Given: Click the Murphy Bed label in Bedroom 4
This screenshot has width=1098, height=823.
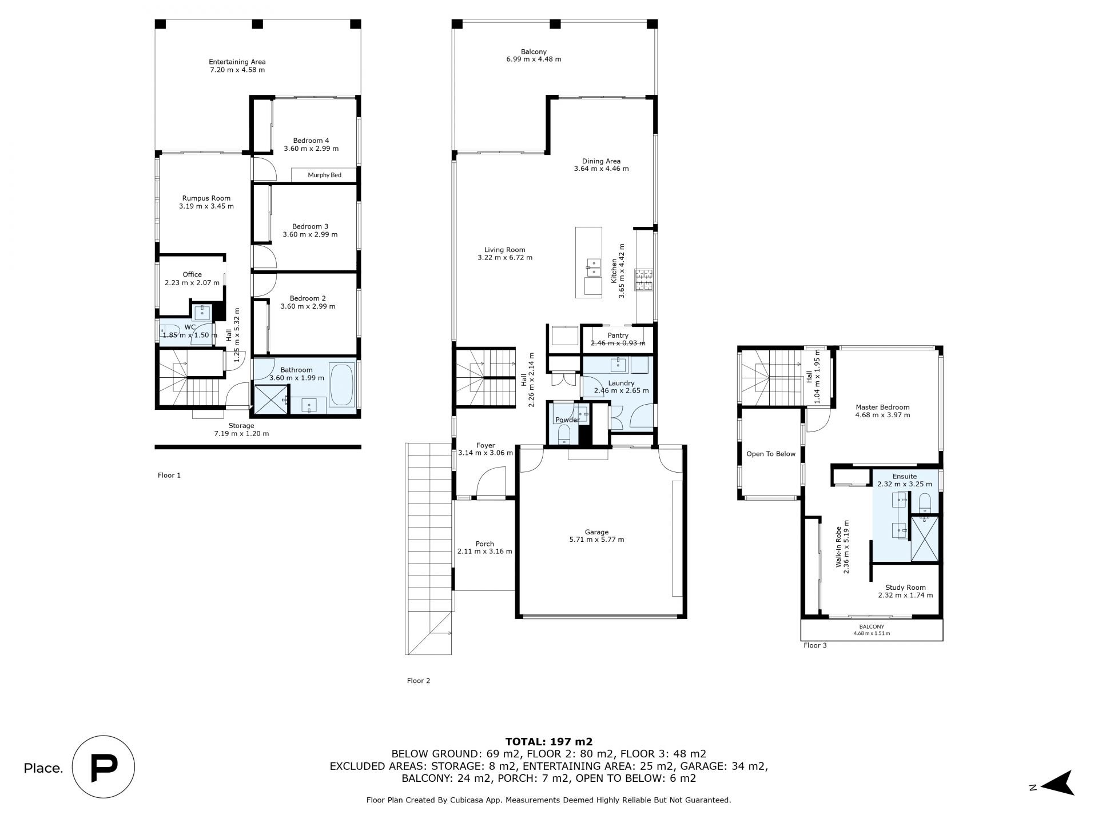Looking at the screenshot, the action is tap(324, 175).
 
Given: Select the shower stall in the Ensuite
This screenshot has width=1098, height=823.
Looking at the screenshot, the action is tap(925, 539).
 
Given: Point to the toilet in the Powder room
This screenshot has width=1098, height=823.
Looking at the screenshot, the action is tap(563, 435).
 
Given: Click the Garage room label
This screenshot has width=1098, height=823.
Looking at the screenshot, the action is tap(596, 536).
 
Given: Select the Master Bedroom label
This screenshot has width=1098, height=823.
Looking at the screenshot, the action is tap(882, 411).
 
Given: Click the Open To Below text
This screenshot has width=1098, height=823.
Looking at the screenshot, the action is tap(771, 454).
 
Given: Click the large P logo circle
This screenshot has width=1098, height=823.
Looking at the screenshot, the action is tap(104, 766).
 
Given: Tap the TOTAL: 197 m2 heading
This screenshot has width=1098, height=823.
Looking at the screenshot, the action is tap(548, 742).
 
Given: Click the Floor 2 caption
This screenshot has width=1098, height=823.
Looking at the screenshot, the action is tap(418, 681).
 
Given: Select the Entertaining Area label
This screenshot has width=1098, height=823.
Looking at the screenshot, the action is tap(237, 66).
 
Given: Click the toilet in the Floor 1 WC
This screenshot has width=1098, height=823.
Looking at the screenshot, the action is tap(169, 332).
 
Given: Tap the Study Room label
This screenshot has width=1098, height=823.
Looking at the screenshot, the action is tap(905, 591).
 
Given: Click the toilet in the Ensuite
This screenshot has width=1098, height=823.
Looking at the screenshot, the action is tap(925, 502).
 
